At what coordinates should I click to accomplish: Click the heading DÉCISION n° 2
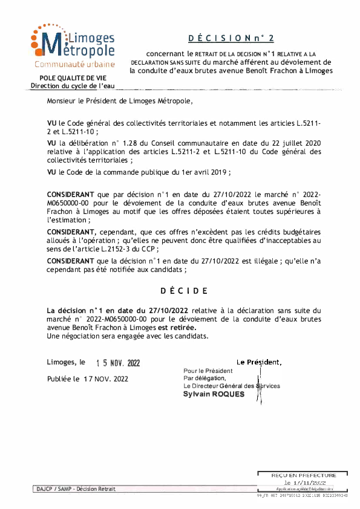coord(231,38)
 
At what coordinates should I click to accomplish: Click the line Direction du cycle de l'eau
coord(72,86)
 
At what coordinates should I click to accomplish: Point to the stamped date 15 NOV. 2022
coord(118,363)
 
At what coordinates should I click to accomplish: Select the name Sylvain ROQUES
coord(214,394)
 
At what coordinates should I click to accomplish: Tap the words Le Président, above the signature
coord(259,362)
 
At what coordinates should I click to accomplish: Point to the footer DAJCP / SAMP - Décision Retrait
coord(74,488)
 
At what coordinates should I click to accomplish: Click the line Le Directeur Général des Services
coord(232,386)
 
